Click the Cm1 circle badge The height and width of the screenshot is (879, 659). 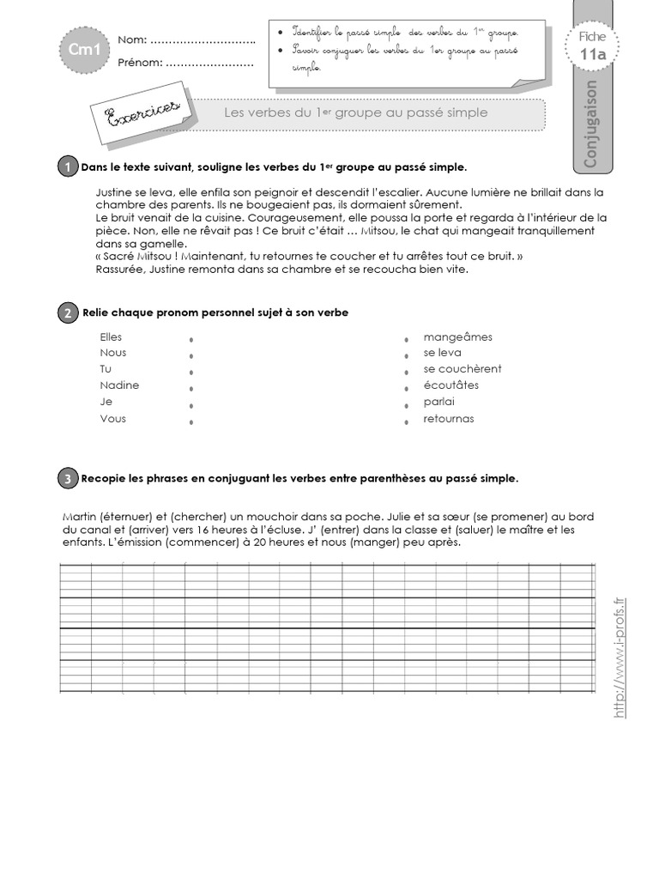click(79, 51)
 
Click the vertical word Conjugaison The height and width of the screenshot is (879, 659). click(589, 124)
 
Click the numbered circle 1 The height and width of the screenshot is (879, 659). click(66, 167)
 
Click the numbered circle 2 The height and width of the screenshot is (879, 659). click(66, 313)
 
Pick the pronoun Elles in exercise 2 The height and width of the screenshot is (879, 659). click(111, 337)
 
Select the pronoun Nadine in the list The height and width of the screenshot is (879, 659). click(118, 385)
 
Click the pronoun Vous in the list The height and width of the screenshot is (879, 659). click(112, 418)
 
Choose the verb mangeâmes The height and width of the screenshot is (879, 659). click(457, 337)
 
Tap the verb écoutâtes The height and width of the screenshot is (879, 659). click(450, 385)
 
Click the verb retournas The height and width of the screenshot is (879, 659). click(448, 418)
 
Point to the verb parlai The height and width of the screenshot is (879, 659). click(438, 402)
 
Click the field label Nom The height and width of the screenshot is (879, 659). click(132, 39)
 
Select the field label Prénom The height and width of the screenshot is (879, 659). click(139, 63)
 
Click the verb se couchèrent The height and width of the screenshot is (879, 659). click(462, 369)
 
